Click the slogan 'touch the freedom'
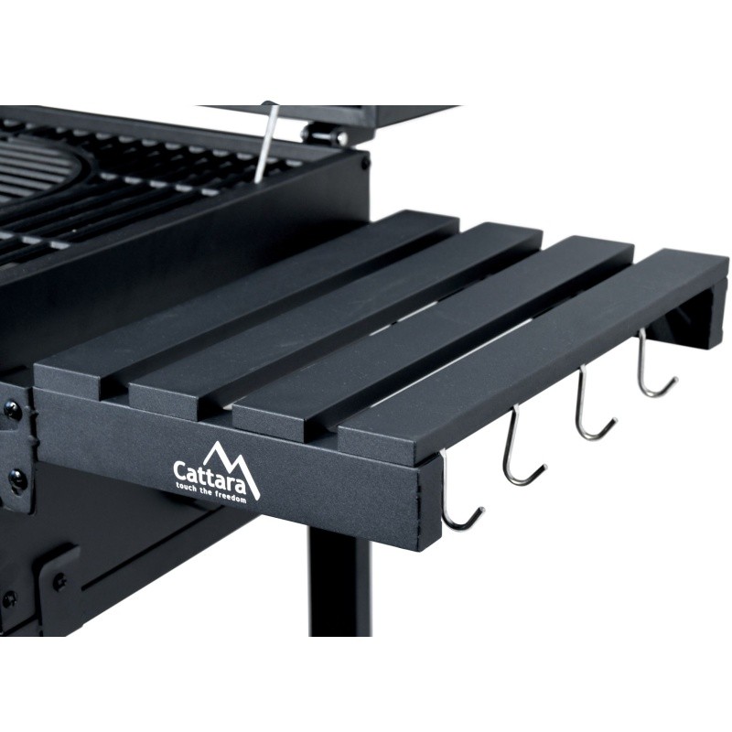coord(210,493)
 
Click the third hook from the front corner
coord(593,406)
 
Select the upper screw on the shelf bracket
coord(13,411)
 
